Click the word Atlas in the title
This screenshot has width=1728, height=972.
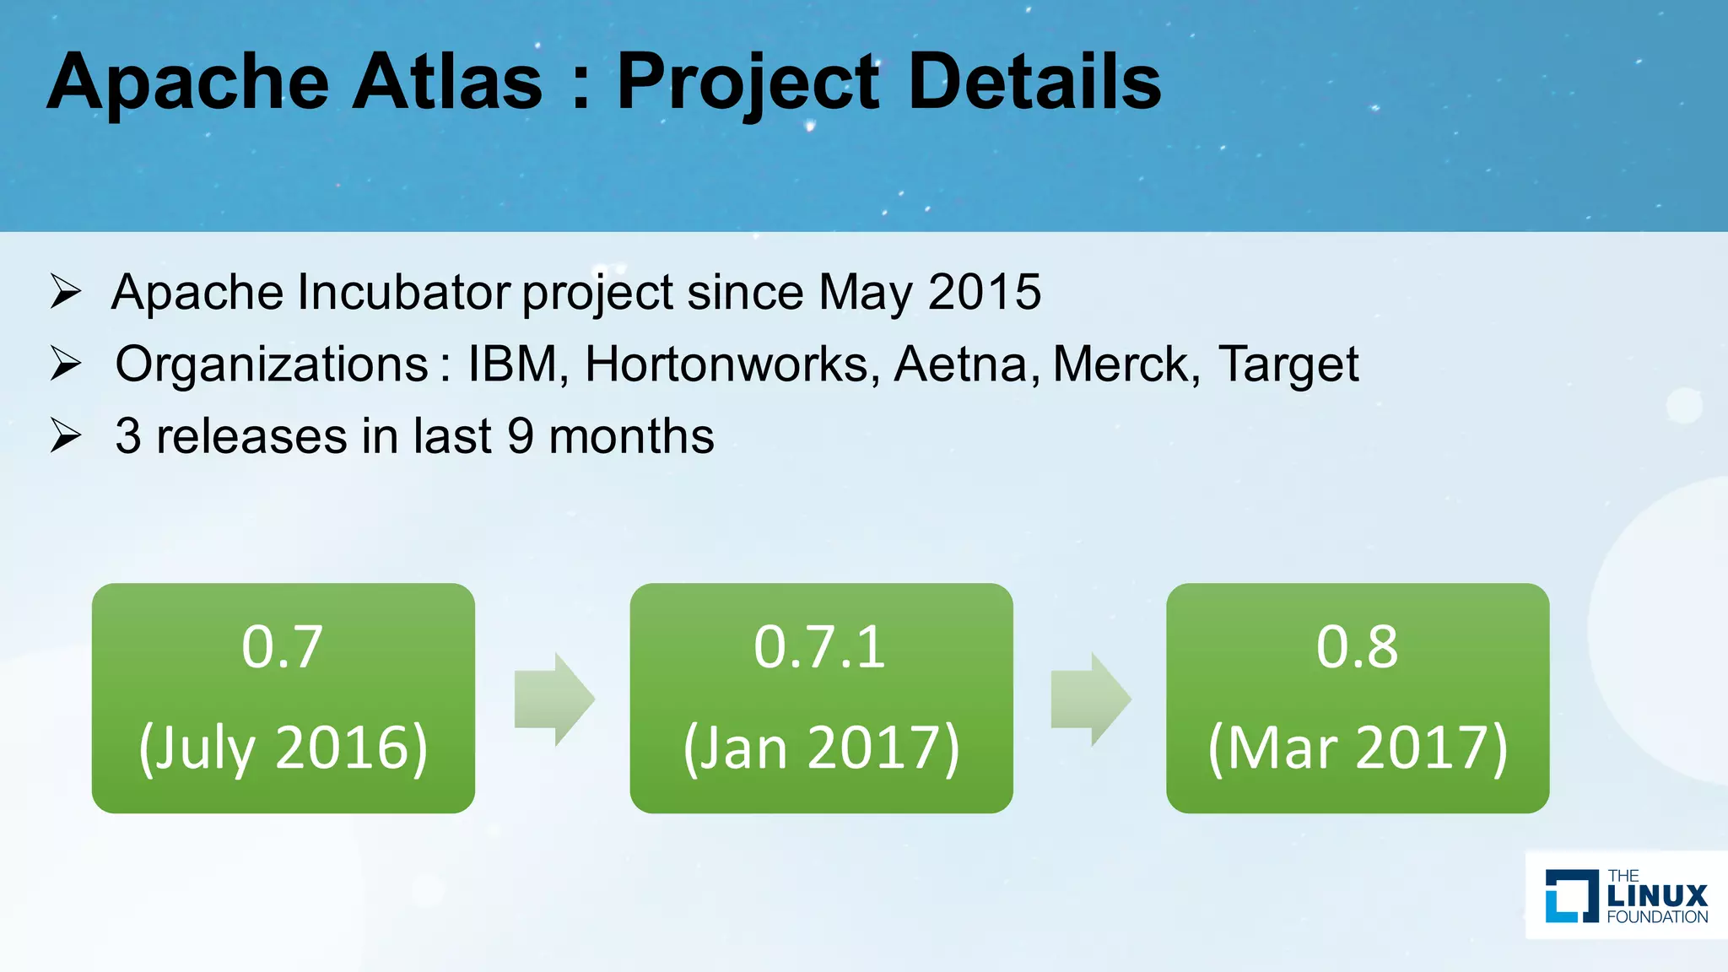447,82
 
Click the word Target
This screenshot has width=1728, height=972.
1288,364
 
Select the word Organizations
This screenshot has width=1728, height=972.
272,364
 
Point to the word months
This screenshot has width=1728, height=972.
631,436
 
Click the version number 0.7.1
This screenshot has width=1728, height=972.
820,647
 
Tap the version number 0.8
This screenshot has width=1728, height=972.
1357,647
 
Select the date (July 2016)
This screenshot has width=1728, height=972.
283,748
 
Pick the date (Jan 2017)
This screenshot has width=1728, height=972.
821,748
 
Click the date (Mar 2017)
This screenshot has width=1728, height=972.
1358,748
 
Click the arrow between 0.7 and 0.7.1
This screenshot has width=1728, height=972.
553,699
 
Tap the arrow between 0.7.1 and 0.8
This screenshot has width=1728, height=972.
1090,699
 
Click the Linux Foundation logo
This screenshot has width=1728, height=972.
1626,895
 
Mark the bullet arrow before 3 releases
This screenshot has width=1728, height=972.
65,436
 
